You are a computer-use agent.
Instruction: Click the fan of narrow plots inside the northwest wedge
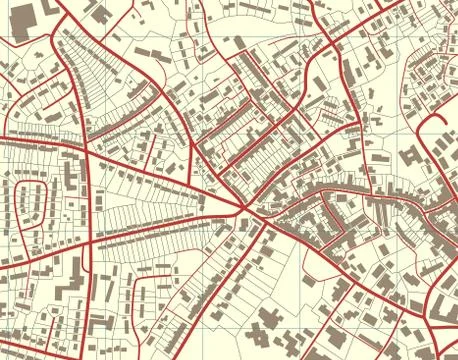click(100, 80)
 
